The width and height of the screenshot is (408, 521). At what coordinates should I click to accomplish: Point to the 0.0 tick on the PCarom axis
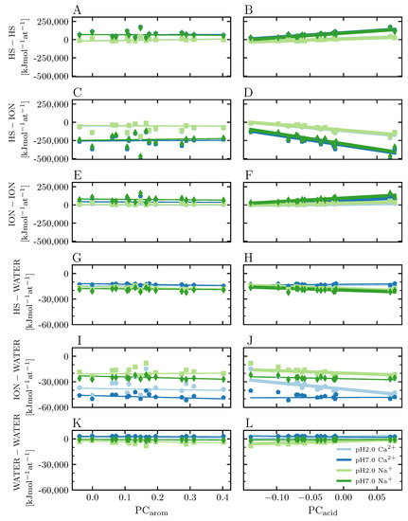coord(92,497)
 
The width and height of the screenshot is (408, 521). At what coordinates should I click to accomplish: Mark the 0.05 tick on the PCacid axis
coord(374,497)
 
